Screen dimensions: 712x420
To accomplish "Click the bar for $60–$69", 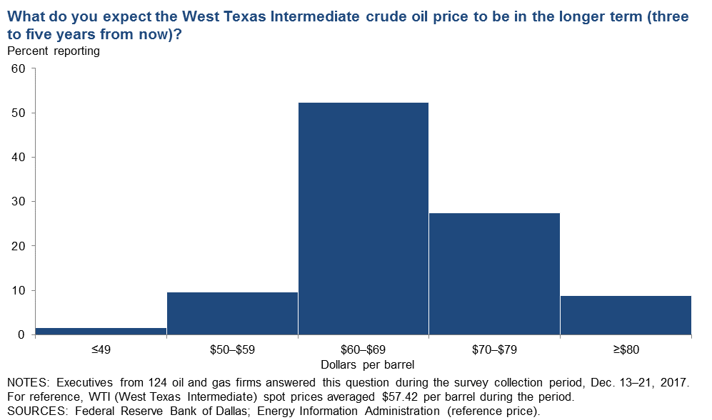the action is [x=363, y=219].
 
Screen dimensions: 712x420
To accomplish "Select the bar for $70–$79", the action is [x=494, y=274].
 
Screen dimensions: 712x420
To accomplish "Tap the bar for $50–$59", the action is [x=233, y=314].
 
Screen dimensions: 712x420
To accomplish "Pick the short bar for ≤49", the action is [x=101, y=331].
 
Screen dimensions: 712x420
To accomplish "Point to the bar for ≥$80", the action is [x=626, y=315].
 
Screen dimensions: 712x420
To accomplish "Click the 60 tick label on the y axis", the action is [x=18, y=68].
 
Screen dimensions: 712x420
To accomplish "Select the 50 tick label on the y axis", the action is [x=18, y=113].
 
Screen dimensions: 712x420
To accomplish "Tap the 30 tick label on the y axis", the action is [x=18, y=201].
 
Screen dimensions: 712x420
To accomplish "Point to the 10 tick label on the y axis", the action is [x=18, y=290].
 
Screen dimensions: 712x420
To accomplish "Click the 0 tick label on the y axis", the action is [x=21, y=334].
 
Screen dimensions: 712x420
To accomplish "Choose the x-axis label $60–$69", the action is [x=363, y=349].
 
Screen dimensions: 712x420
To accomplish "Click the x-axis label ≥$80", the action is [x=626, y=349].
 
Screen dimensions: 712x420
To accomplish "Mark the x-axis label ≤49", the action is [x=101, y=349].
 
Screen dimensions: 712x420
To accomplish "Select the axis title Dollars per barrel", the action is [x=367, y=364].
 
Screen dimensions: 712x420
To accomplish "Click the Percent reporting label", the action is [x=54, y=51].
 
